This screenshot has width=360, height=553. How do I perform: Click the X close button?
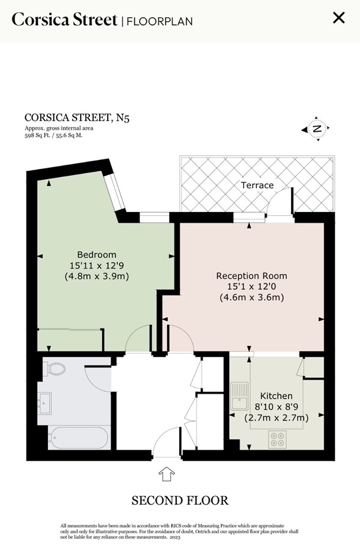pyautogui.click(x=339, y=17)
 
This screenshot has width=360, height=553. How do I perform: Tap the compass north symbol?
pyautogui.click(x=317, y=128)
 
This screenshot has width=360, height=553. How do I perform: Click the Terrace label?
pyautogui.click(x=257, y=185)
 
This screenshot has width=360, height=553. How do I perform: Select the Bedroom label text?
pyautogui.click(x=97, y=255)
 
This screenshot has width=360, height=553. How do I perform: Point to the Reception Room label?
pyautogui.click(x=252, y=276)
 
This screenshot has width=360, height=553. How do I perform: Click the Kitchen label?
pyautogui.click(x=276, y=396)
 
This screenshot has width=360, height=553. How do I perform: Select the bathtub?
pyautogui.click(x=78, y=438)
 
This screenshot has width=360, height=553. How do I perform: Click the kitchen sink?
pyautogui.click(x=240, y=396)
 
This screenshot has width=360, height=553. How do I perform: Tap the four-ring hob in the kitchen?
pyautogui.click(x=277, y=440)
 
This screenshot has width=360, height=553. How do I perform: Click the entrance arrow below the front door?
pyautogui.click(x=166, y=474)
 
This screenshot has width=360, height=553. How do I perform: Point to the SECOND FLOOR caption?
pyautogui.click(x=180, y=501)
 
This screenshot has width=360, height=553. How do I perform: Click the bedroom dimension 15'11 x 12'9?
pyautogui.click(x=97, y=265)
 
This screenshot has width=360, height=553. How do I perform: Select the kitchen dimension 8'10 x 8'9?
pyautogui.click(x=276, y=407)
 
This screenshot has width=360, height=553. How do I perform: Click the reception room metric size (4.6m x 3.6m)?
pyautogui.click(x=252, y=297)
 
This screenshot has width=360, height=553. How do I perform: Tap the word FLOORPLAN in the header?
pyautogui.click(x=160, y=21)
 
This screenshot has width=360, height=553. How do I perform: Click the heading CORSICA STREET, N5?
pyautogui.click(x=77, y=118)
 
